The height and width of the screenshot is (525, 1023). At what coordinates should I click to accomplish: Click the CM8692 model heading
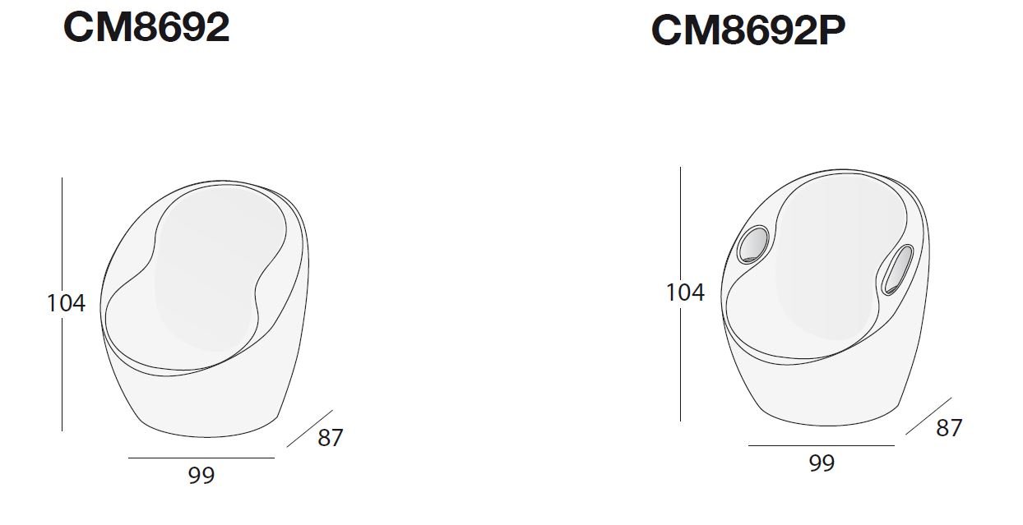pyautogui.click(x=146, y=27)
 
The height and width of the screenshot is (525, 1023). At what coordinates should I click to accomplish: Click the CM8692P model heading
pyautogui.click(x=748, y=30)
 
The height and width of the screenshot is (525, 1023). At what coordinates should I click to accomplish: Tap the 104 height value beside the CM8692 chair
pyautogui.click(x=67, y=303)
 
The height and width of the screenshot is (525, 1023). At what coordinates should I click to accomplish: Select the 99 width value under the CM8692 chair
pyautogui.click(x=201, y=475)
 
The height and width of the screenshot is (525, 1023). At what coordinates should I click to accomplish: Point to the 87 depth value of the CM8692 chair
pyautogui.click(x=331, y=438)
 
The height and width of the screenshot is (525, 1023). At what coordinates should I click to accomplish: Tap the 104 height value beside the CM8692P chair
pyautogui.click(x=686, y=292)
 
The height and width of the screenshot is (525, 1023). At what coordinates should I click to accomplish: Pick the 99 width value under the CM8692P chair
pyautogui.click(x=822, y=463)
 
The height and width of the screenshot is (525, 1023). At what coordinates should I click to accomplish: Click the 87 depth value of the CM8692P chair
pyautogui.click(x=949, y=428)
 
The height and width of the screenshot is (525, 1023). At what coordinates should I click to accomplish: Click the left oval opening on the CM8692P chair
pyautogui.click(x=753, y=245)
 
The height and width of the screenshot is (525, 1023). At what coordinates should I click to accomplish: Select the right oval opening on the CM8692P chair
pyautogui.click(x=897, y=269)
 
